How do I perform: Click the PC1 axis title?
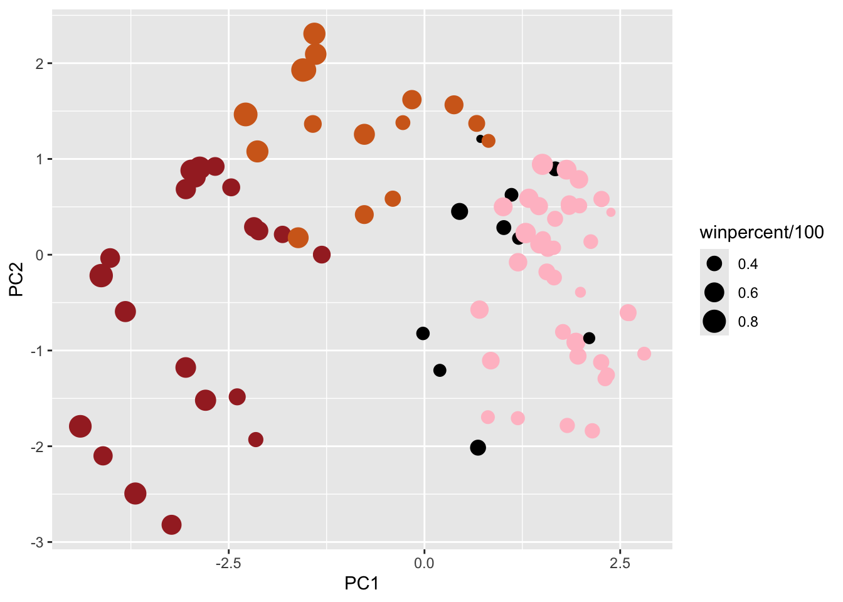coord(362,584)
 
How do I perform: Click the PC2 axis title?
coord(16,279)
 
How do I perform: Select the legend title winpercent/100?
coord(761,233)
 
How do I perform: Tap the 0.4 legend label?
coord(748,264)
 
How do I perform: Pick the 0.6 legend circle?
coord(714,292)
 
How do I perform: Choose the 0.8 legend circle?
coord(714,321)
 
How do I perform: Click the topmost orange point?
coord(314,34)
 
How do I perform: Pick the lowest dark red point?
coord(171,525)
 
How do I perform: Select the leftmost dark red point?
coord(80,426)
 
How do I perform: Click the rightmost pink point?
coord(644,354)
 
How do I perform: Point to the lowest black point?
coord(478,448)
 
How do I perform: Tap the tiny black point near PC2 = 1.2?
coord(480,139)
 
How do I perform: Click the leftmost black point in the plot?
coord(423,334)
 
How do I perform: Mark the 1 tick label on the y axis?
coord(39,159)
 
